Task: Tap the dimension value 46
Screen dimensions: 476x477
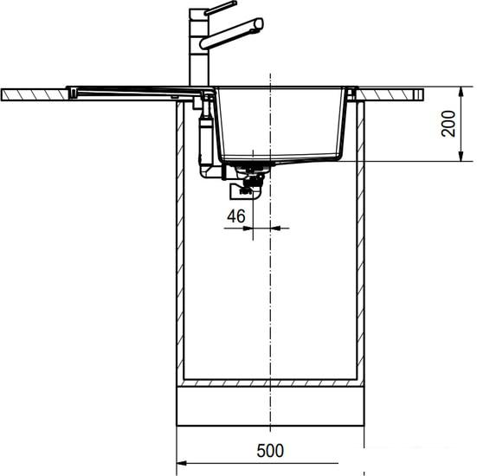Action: pos(235,215)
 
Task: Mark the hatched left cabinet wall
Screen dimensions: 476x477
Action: pos(179,260)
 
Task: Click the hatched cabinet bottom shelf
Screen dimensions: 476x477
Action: pos(270,383)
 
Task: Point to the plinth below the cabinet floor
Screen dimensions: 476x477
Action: pos(270,407)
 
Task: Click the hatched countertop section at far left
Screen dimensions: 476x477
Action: pos(35,92)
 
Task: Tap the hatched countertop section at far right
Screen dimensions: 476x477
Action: pos(394,92)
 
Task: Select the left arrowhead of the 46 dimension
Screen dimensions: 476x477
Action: pos(248,228)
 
